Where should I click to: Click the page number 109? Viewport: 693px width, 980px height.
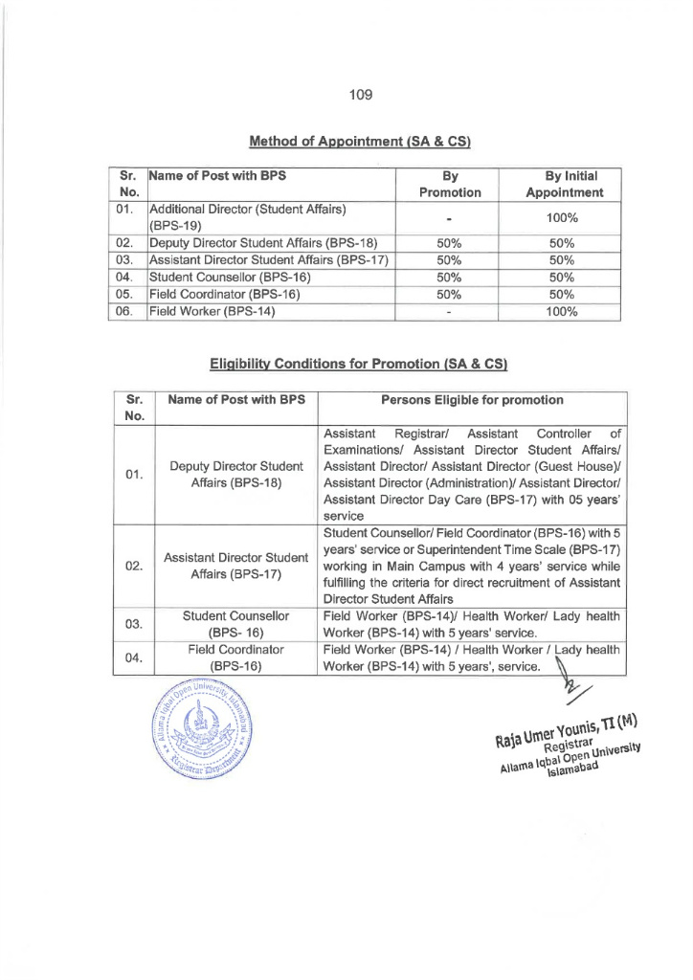[x=360, y=94]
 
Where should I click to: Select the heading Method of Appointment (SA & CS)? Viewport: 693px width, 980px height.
[x=360, y=142]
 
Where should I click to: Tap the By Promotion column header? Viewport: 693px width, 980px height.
[x=449, y=184]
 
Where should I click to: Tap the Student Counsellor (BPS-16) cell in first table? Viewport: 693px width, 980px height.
[x=222, y=277]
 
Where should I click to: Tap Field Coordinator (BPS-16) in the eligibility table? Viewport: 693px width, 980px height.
[x=235, y=657]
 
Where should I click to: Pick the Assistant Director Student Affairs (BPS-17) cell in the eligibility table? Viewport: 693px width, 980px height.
[x=235, y=566]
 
